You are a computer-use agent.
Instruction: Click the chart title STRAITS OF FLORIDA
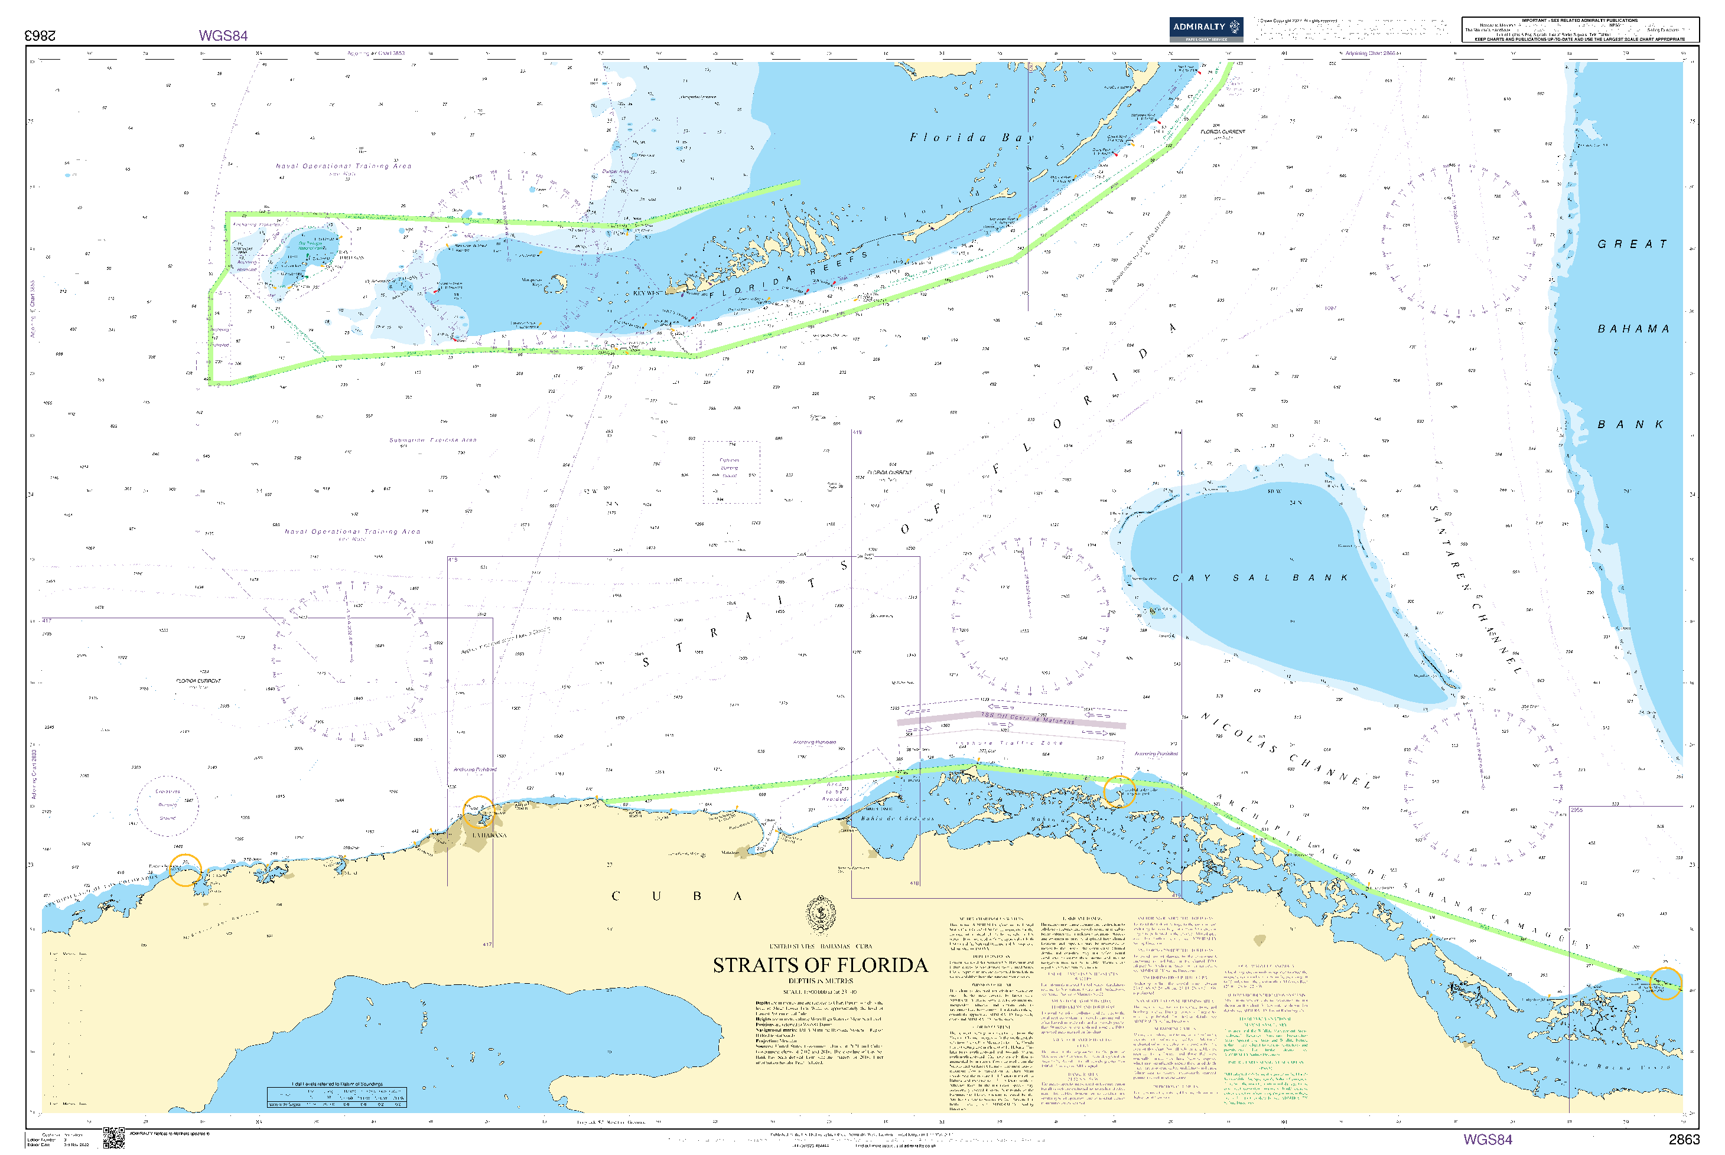click(x=819, y=965)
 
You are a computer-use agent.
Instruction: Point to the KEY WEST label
click(x=647, y=292)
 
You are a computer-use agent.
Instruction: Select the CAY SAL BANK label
click(x=1259, y=578)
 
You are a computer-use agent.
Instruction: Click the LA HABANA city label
click(x=489, y=836)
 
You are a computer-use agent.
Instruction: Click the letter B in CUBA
click(x=697, y=896)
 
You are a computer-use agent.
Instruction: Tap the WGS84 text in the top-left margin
click(x=223, y=35)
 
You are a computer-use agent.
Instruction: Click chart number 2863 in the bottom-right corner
click(x=1684, y=1140)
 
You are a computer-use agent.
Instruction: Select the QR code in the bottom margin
click(x=113, y=1138)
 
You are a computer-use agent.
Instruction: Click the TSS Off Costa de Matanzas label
click(x=1027, y=717)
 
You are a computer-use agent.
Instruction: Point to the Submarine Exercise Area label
click(x=432, y=440)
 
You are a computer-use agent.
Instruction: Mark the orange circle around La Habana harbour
click(x=479, y=812)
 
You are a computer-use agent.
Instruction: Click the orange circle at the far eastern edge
click(x=1665, y=983)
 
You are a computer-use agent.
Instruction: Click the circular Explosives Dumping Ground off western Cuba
click(x=167, y=805)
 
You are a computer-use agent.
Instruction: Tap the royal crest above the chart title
click(x=820, y=916)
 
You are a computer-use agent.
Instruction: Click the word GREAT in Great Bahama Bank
click(x=1632, y=244)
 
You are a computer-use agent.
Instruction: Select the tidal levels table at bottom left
click(x=336, y=1096)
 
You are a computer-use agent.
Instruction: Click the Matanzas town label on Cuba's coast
click(x=730, y=852)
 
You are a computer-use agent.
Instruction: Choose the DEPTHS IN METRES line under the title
click(x=820, y=981)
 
